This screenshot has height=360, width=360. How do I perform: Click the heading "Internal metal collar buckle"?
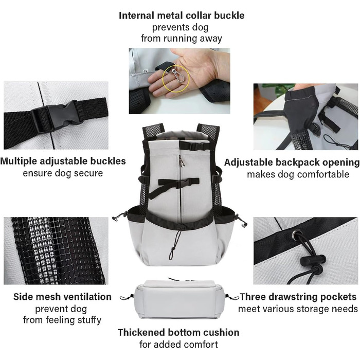[x=182, y=15]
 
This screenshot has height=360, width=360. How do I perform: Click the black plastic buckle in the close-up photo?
[x=57, y=116]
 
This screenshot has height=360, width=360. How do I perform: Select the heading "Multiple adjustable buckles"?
[x=63, y=161]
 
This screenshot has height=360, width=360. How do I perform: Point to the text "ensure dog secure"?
[x=63, y=173]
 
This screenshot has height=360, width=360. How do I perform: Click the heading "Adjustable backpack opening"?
[x=292, y=163]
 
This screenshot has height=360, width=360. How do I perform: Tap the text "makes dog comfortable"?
[x=298, y=174]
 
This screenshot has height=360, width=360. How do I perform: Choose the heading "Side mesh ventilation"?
[x=62, y=297]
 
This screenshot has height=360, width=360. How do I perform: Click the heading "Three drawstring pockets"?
[x=298, y=297]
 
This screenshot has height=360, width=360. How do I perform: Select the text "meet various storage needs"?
[x=298, y=309]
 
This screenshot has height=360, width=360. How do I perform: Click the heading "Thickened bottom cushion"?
[x=178, y=332]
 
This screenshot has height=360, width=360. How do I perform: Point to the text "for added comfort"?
[x=178, y=345]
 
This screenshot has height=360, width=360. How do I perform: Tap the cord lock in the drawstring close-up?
[x=313, y=260]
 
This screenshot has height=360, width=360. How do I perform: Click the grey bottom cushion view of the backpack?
[x=179, y=299]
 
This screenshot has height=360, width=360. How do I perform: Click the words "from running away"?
[x=182, y=39]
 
